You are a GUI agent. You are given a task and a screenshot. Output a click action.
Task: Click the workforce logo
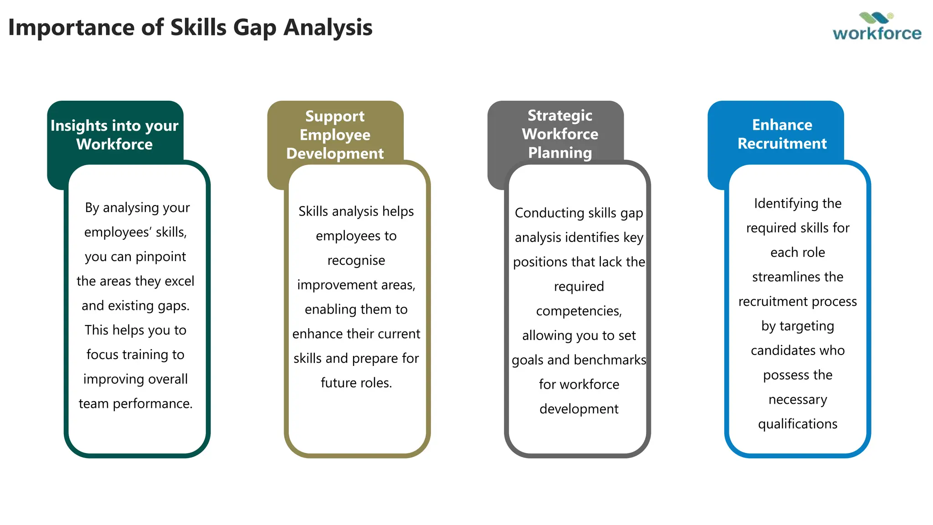877,27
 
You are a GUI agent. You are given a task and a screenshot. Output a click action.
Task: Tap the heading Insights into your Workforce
114,135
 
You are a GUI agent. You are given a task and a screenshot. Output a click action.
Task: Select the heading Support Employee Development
335,135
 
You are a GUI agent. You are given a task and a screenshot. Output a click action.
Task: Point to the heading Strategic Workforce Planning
560,134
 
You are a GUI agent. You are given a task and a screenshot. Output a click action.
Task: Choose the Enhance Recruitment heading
782,134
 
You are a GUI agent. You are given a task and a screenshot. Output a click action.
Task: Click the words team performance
135,404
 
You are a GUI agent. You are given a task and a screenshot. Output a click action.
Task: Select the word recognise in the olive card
356,261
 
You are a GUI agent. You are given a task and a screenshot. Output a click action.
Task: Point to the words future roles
356,383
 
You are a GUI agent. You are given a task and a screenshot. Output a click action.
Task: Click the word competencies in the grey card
579,311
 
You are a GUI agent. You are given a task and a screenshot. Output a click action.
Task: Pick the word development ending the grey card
579,409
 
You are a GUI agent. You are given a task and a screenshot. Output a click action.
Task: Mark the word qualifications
797,424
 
